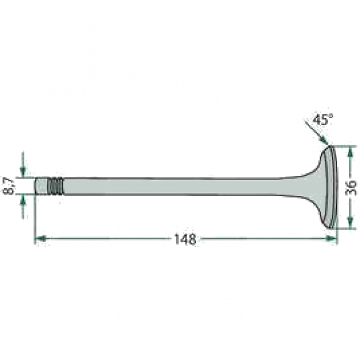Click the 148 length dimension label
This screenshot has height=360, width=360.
tap(185, 239)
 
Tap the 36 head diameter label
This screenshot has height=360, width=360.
tap(351, 188)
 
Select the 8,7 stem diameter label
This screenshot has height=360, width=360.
tap(8, 186)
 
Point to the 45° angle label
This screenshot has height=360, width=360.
tap(323, 119)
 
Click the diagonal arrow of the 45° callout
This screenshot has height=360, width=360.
tap(316, 133)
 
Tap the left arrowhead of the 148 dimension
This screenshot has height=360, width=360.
tap(40, 238)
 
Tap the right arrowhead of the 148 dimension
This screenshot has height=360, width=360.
tap(332, 238)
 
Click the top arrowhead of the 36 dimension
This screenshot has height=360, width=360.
tap(350, 152)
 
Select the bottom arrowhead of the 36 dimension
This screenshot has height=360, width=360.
tap(350, 223)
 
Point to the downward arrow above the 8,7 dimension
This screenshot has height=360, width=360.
tap(23, 164)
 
